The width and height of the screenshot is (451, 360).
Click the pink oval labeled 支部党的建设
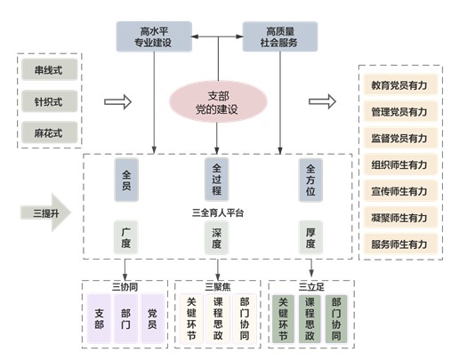pos(218,102)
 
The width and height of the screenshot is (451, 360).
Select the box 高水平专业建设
pos(154,36)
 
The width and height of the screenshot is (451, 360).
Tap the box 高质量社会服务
pos(280,36)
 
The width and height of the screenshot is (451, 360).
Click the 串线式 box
pos(49,70)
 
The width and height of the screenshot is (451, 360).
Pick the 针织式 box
pos(49,101)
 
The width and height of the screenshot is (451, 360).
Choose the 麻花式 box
pos(49,132)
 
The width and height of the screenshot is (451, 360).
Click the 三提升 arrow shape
pos(45,212)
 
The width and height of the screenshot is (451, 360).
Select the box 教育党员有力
pos(400,85)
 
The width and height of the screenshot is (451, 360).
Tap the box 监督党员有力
pos(400,138)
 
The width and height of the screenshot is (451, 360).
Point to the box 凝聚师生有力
pos(400,218)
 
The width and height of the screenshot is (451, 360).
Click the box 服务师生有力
pos(400,244)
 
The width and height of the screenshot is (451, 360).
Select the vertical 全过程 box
pos(217,180)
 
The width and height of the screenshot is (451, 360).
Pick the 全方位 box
pos(310,180)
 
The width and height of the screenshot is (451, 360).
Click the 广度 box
pos(126,237)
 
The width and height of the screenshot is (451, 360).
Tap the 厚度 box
pos(310,237)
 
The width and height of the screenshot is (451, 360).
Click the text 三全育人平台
pos(218,212)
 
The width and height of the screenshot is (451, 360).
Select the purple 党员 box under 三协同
pos(152,318)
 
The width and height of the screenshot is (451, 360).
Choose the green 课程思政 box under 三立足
pos(310,319)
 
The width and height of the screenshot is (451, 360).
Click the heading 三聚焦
pos(218,286)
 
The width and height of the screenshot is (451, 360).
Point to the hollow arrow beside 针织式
pos(117,102)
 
